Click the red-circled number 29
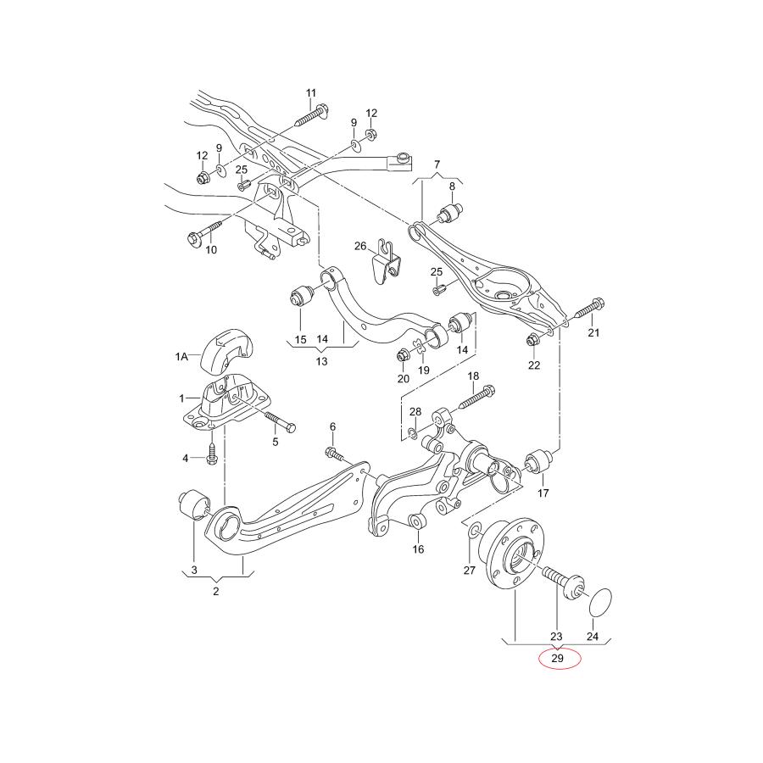pyautogui.click(x=557, y=658)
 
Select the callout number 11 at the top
pyautogui.click(x=310, y=92)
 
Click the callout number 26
pyautogui.click(x=360, y=247)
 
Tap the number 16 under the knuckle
pyautogui.click(x=418, y=549)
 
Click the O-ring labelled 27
pyautogui.click(x=474, y=532)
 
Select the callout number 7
pyautogui.click(x=437, y=164)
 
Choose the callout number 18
pyautogui.click(x=473, y=376)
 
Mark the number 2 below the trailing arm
pyautogui.click(x=216, y=591)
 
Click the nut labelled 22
pyautogui.click(x=533, y=341)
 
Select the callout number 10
pyautogui.click(x=211, y=249)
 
